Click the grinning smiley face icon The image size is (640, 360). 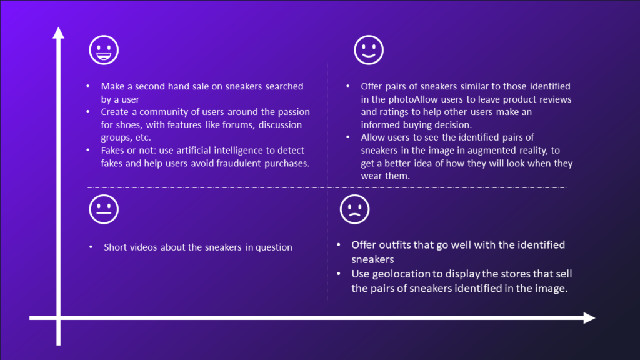(x=104, y=50)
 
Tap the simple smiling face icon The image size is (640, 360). (x=369, y=50)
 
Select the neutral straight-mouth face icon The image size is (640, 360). (x=104, y=209)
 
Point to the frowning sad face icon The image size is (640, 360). (x=354, y=209)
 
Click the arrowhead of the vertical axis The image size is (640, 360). (x=58, y=32)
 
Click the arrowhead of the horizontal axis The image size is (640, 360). (x=589, y=318)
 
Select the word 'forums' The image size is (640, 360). (x=238, y=124)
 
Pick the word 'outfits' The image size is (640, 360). (x=395, y=245)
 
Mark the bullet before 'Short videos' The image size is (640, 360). (x=91, y=247)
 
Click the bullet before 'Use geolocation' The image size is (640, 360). (x=338, y=274)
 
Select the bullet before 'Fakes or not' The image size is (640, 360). (x=87, y=150)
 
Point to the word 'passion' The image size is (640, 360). (x=294, y=112)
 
